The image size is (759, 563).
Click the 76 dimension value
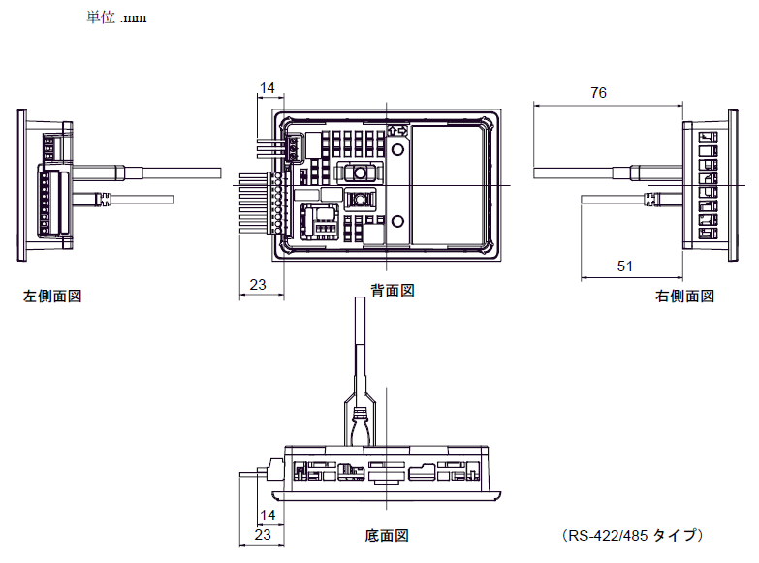coord(598,92)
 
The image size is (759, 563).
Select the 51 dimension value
coord(624,266)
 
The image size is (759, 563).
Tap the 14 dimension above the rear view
coord(267,87)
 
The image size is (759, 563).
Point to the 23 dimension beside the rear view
coord(258,284)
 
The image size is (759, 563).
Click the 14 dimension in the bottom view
coord(268,516)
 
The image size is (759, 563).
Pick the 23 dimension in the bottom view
coord(263,535)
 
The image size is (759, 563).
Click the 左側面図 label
coord(52,296)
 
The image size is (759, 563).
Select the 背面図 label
coord(393,291)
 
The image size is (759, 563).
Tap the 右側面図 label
coord(685,296)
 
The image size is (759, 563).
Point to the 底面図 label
coord(386,536)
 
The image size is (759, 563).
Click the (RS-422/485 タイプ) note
coord(633,536)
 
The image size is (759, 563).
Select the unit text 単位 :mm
coord(116,17)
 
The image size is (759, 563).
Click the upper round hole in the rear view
coord(397,149)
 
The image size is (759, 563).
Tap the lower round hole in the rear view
coord(397,222)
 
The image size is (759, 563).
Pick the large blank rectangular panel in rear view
coord(446,185)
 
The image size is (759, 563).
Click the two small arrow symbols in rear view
coord(397,131)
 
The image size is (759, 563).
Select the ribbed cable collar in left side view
coord(104,199)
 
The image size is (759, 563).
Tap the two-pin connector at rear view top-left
coord(294,147)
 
